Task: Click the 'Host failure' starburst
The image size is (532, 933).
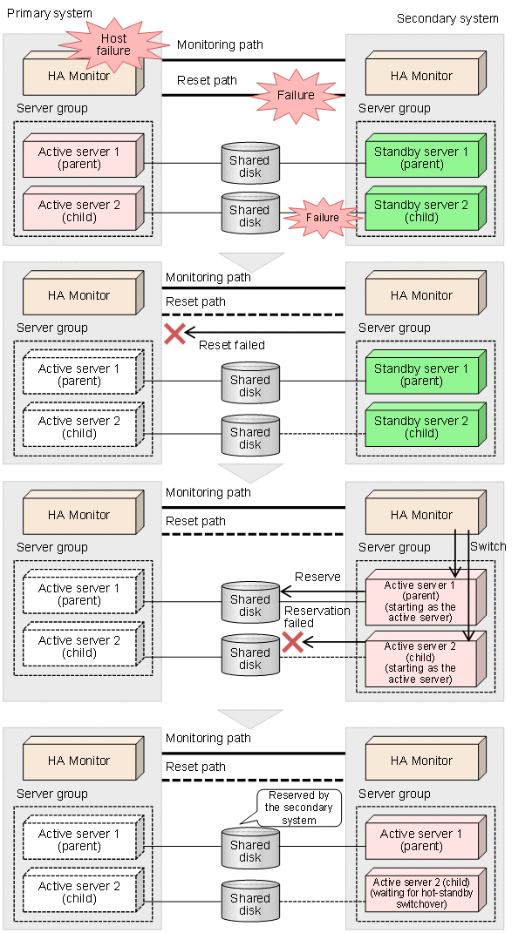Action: click(113, 44)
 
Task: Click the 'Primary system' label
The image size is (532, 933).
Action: click(49, 13)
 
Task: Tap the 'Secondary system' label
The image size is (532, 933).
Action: click(447, 18)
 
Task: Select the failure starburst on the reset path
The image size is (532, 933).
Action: click(295, 95)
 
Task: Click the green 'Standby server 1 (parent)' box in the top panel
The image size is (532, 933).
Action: click(421, 158)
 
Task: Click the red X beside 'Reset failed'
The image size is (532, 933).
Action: click(174, 333)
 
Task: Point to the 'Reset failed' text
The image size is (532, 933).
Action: click(231, 345)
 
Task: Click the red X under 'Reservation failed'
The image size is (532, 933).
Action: click(292, 642)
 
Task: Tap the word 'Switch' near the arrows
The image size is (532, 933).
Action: click(488, 545)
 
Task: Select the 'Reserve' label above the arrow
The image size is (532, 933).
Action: click(317, 577)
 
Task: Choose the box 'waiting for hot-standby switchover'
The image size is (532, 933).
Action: click(420, 890)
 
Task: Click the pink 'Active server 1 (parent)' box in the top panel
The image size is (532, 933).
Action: click(79, 158)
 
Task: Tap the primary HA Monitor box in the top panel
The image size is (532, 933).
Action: click(79, 76)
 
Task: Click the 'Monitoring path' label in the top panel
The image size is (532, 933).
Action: click(220, 44)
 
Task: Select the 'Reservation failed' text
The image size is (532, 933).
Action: click(317, 617)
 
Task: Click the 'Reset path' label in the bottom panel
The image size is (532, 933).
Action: click(195, 767)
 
